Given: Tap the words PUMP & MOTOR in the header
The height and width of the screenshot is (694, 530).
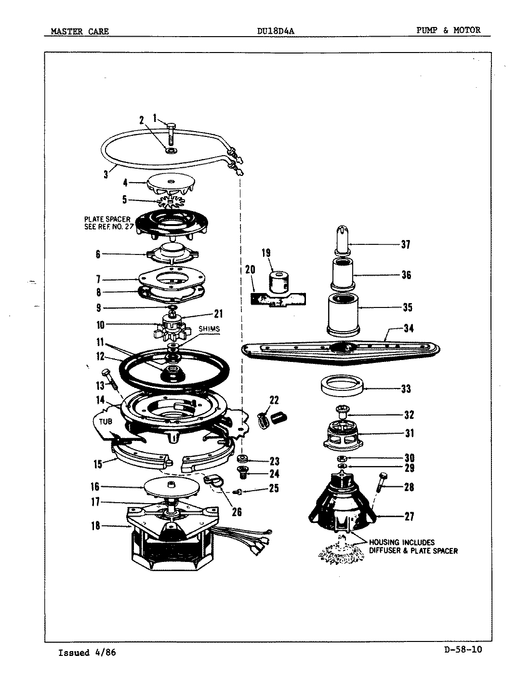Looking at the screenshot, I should tap(448, 30).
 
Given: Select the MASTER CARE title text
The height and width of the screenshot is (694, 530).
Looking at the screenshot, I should tap(80, 32).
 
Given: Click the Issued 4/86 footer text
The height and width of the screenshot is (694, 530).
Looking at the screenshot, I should tap(87, 653).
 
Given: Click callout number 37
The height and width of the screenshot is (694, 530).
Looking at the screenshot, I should tap(406, 245).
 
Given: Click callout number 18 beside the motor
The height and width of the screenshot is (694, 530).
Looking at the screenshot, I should tap(96, 526).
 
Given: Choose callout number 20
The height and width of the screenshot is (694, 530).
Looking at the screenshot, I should tap(250, 269).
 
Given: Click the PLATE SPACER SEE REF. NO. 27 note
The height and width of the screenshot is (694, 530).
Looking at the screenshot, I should tap(107, 223).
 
